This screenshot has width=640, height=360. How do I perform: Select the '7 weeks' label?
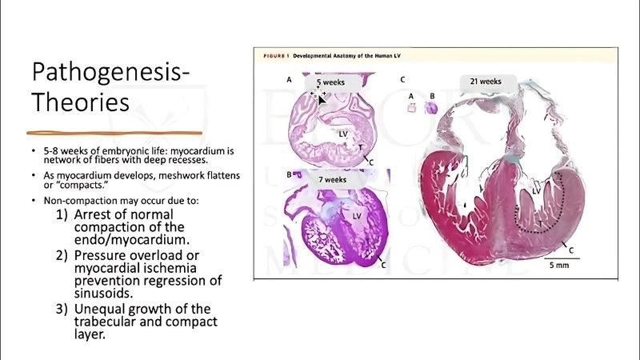(331, 180)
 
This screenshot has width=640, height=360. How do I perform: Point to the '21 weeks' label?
(486, 82)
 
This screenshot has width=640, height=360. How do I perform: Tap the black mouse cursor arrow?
(322, 98)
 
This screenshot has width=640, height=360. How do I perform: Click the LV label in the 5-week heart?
(343, 134)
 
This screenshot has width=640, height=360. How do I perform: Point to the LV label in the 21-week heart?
(538, 191)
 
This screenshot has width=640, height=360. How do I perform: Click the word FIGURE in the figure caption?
(275, 57)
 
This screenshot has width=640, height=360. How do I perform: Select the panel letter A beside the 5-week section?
(290, 81)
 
